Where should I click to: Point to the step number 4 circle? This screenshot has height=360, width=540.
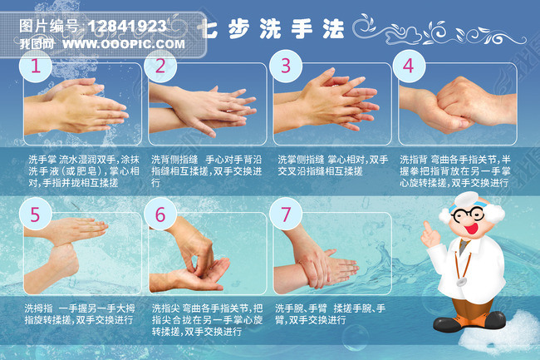click(x=408, y=65)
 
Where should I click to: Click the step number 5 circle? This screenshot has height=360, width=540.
click(x=34, y=214)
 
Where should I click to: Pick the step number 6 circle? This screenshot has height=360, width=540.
click(x=160, y=214)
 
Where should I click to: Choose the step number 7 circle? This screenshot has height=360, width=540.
click(x=286, y=214)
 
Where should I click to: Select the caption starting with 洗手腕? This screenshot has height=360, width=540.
click(x=330, y=313)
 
